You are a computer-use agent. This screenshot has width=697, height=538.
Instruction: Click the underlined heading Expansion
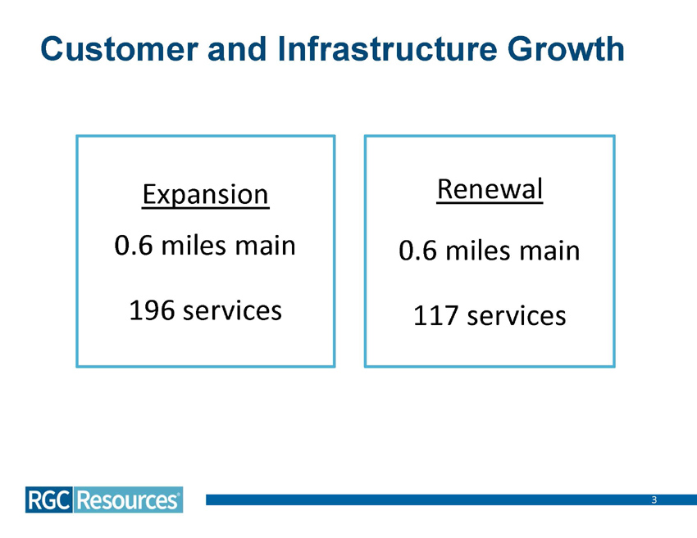pos(205,194)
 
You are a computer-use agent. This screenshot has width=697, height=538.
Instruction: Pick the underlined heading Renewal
pos(490,190)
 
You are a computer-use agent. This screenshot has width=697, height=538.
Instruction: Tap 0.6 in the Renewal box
pos(418,250)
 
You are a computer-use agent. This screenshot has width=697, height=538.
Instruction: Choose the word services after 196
pos(232,310)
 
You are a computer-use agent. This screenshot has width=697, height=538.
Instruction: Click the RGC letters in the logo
pos(48,499)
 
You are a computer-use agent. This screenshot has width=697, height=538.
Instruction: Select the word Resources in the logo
pos(127,499)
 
